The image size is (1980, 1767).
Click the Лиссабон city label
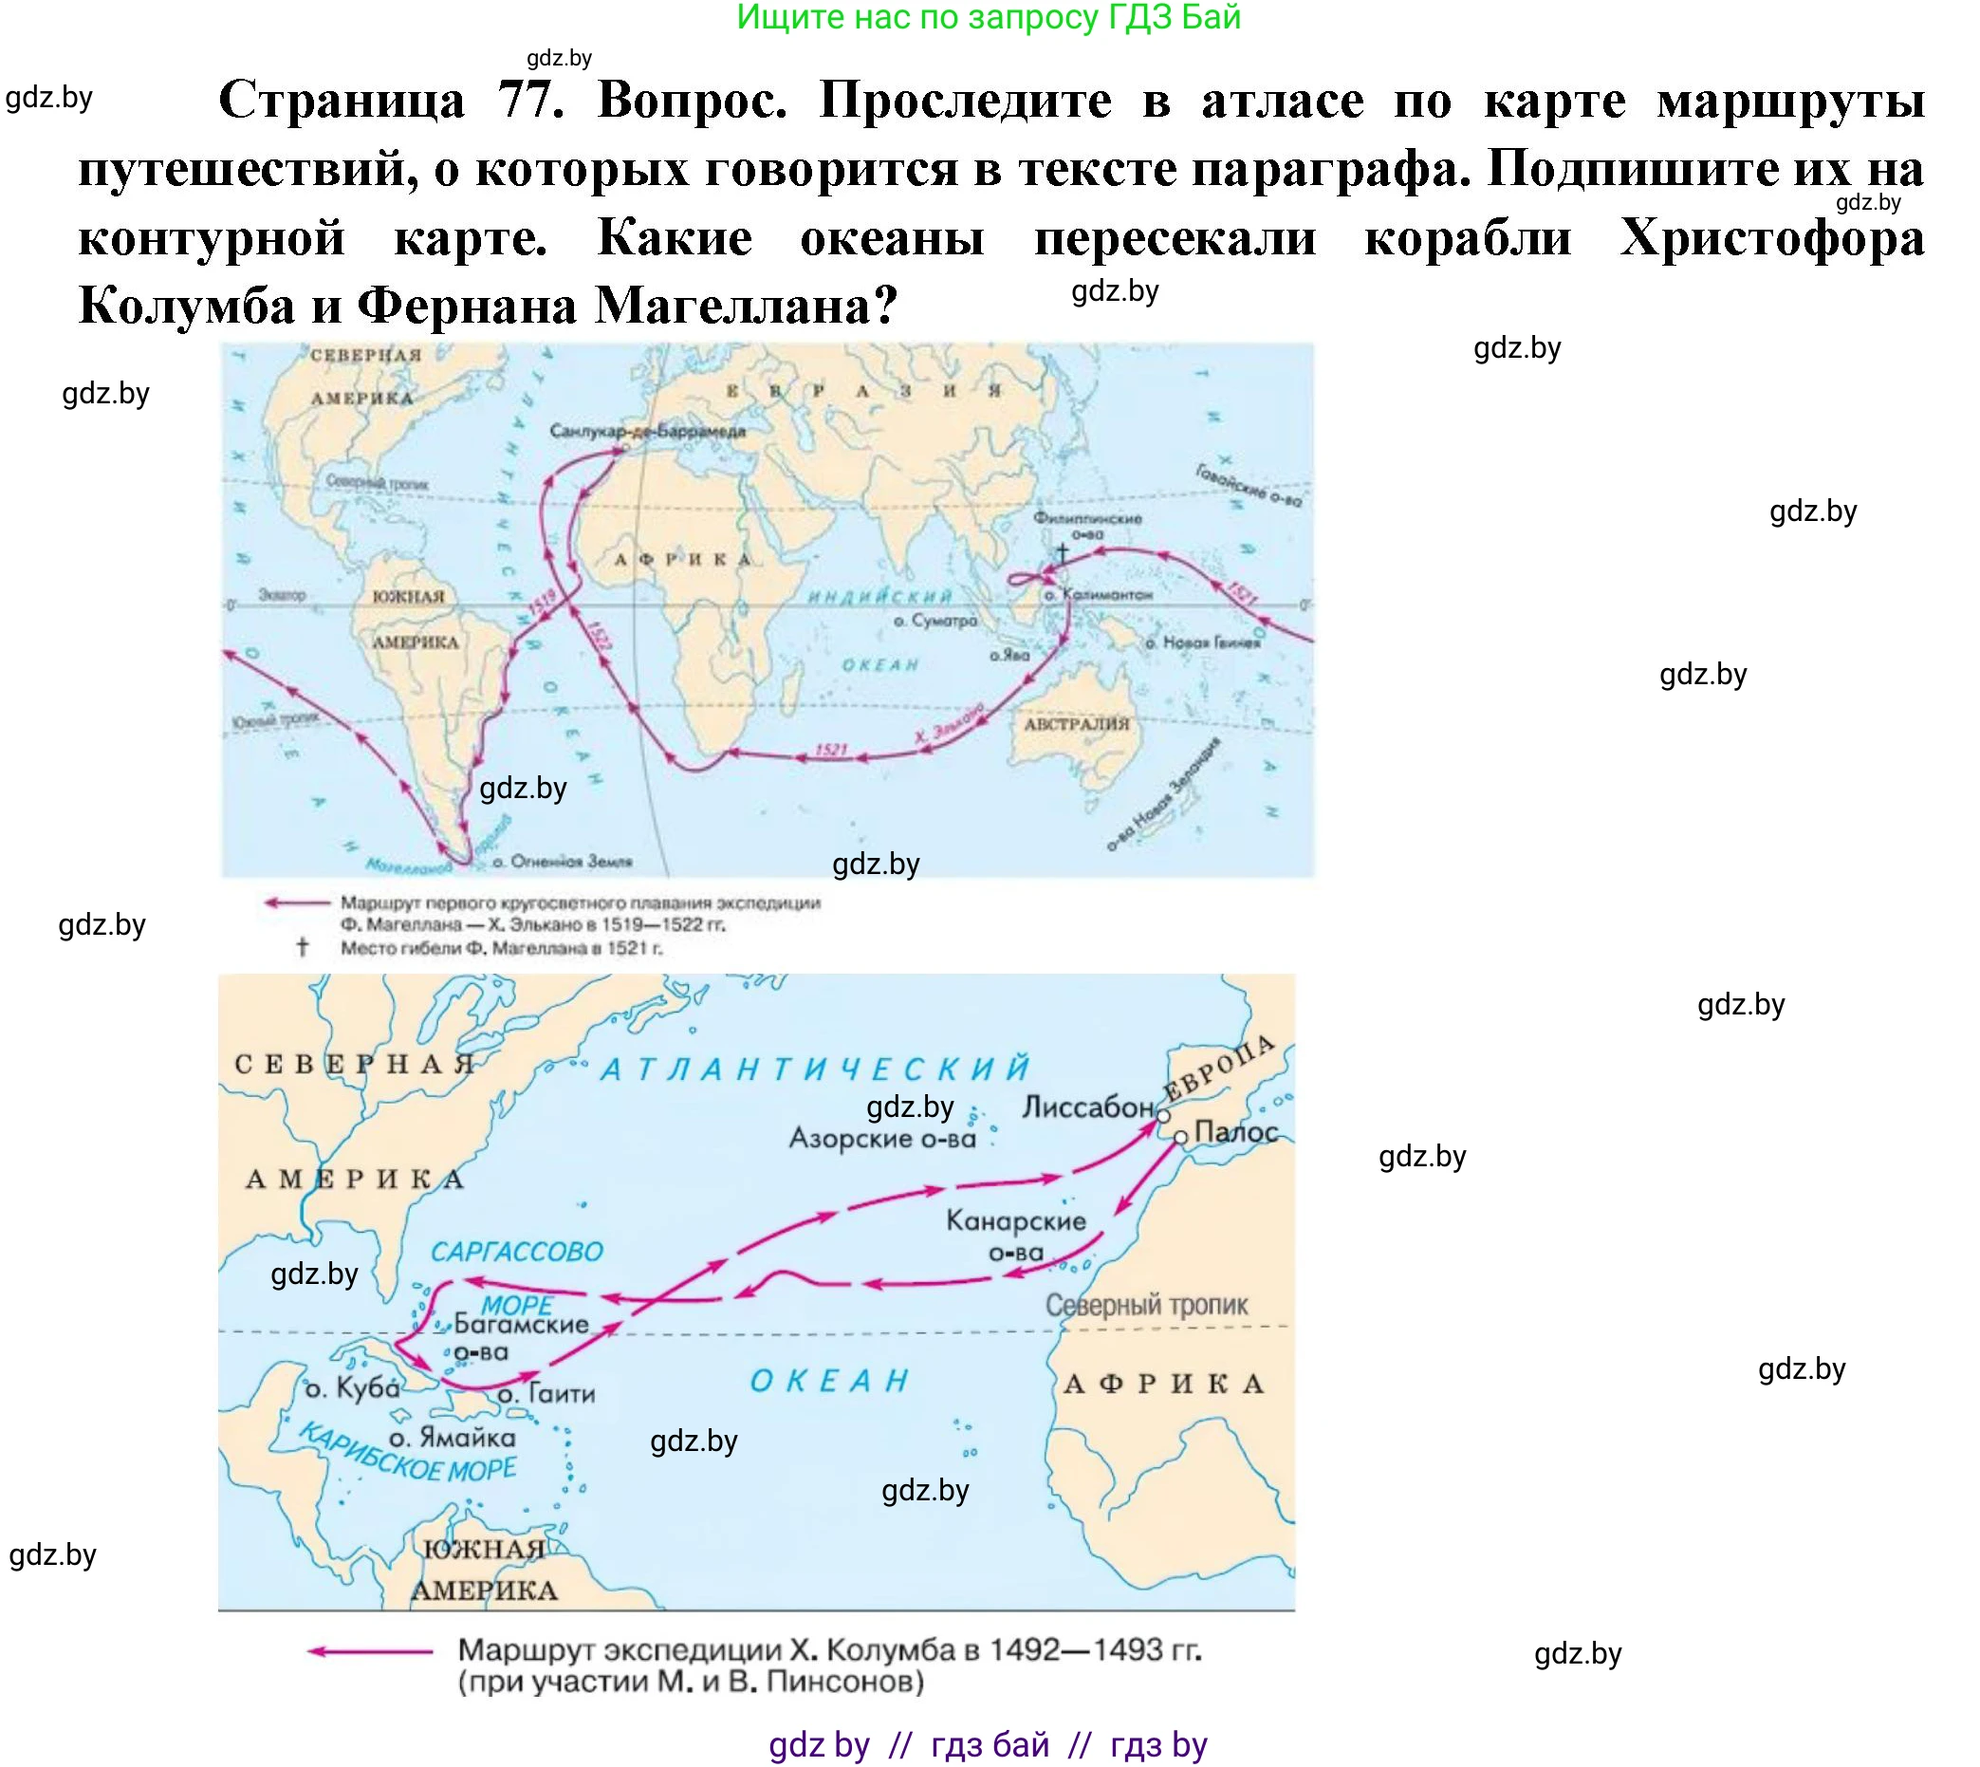point(1087,1107)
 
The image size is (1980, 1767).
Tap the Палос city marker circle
point(1180,1137)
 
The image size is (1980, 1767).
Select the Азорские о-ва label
point(882,1138)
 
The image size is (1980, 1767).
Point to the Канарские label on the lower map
point(1016,1220)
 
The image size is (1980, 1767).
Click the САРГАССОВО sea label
point(516,1252)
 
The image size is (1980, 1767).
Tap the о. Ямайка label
point(453,1437)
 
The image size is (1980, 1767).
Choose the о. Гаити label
point(546,1394)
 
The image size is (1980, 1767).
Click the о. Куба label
point(351,1388)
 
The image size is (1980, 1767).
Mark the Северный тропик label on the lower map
point(1146,1306)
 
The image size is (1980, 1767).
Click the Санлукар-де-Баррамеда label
point(647,431)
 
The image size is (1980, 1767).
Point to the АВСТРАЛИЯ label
point(1077,723)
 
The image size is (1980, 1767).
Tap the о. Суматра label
point(935,621)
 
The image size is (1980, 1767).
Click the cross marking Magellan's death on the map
point(1062,552)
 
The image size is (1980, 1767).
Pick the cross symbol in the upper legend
point(302,947)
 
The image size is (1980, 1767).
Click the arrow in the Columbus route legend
point(369,1650)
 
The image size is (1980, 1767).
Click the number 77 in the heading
point(530,100)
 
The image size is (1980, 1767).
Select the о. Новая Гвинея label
point(1203,642)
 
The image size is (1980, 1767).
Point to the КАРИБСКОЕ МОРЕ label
point(406,1453)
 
